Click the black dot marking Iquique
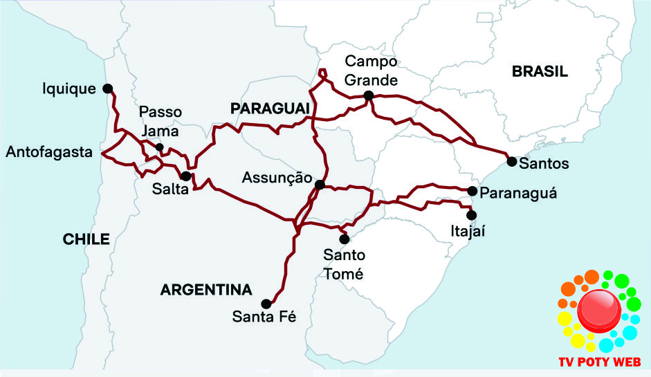107,88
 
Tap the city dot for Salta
185,176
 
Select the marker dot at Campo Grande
369,95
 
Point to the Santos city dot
511,161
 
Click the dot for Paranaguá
472,191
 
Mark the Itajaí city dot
472,214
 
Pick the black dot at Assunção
320,185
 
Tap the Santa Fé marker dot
266,303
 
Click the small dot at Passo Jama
160,147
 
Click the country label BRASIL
540,71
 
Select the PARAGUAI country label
268,109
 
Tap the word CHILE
86,239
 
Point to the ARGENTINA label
206,289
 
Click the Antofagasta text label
48,151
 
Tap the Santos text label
544,164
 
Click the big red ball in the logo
599,311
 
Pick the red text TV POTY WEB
599,362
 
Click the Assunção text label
273,178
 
